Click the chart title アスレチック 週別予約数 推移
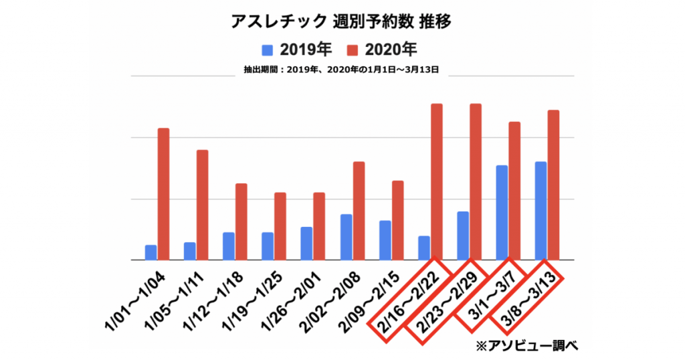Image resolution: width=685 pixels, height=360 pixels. tap(341, 21)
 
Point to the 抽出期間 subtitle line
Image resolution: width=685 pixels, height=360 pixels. tap(341, 68)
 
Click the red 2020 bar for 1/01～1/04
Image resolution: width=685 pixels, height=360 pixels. tap(163, 194)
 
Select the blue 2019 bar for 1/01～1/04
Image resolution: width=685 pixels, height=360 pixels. tap(151, 253)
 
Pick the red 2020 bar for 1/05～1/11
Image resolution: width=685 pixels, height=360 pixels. tap(202, 205)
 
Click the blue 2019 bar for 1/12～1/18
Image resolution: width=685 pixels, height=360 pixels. tap(229, 246)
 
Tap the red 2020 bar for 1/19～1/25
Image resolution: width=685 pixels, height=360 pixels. tap(280, 226)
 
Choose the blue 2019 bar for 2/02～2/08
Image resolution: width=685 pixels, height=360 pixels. tap(346, 237)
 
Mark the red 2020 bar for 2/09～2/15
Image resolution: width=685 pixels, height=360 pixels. tap(397, 220)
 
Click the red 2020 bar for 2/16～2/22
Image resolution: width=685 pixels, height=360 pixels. tap(437, 182)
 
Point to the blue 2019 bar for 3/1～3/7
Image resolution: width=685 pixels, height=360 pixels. tap(502, 213)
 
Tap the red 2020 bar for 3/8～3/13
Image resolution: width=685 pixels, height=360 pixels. tap(554, 185)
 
